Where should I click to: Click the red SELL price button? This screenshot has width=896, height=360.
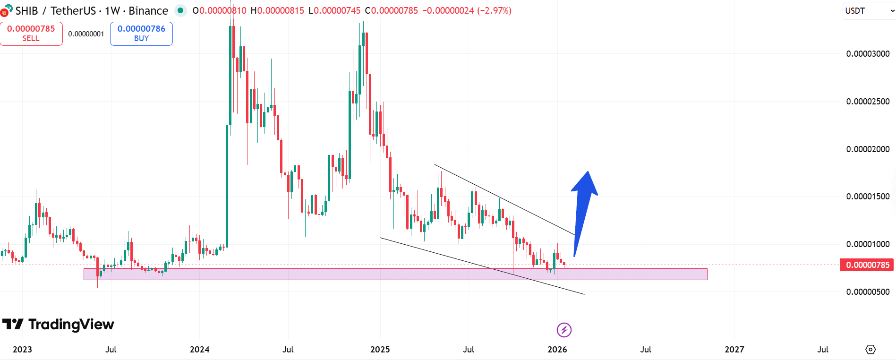(x=31, y=34)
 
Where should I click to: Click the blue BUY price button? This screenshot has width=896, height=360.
(x=141, y=34)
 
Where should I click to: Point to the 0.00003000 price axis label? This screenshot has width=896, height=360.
(x=868, y=54)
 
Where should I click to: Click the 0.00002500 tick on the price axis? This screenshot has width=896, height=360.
(x=868, y=102)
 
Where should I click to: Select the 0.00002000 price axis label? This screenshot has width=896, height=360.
(x=868, y=149)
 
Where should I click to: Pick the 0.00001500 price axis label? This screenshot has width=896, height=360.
(x=868, y=197)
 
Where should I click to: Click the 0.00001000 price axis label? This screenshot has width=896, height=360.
(x=868, y=244)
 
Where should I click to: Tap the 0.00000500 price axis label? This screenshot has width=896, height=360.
(x=868, y=292)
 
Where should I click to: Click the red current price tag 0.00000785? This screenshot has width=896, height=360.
(x=867, y=265)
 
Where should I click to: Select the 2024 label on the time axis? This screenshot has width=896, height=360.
(x=199, y=350)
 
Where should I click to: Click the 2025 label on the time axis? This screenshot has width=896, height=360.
(x=380, y=350)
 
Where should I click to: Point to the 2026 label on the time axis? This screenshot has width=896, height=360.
(x=557, y=350)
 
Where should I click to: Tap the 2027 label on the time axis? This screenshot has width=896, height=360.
(x=734, y=350)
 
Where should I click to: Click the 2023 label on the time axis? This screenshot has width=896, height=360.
(x=22, y=350)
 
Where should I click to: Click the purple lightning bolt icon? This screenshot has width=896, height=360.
(x=564, y=330)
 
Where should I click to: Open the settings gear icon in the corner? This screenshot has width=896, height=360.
(x=870, y=350)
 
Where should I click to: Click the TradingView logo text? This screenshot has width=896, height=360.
(x=71, y=325)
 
